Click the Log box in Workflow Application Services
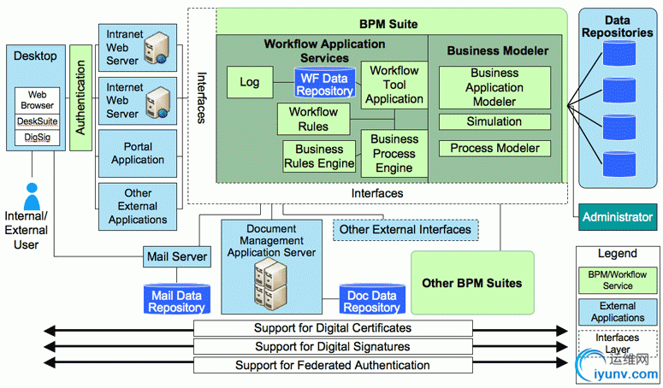250,83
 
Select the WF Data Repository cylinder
325,84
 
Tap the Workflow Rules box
314,119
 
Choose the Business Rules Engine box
319,156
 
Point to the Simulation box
494,121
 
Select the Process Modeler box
494,148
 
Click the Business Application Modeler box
494,87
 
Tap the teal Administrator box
618,217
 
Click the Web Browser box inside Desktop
36,100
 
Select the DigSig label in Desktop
36,137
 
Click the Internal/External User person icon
33,197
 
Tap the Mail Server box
177,256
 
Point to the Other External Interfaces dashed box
405,229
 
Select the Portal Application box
138,153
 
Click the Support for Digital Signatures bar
333,347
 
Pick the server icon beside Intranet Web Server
157,49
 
